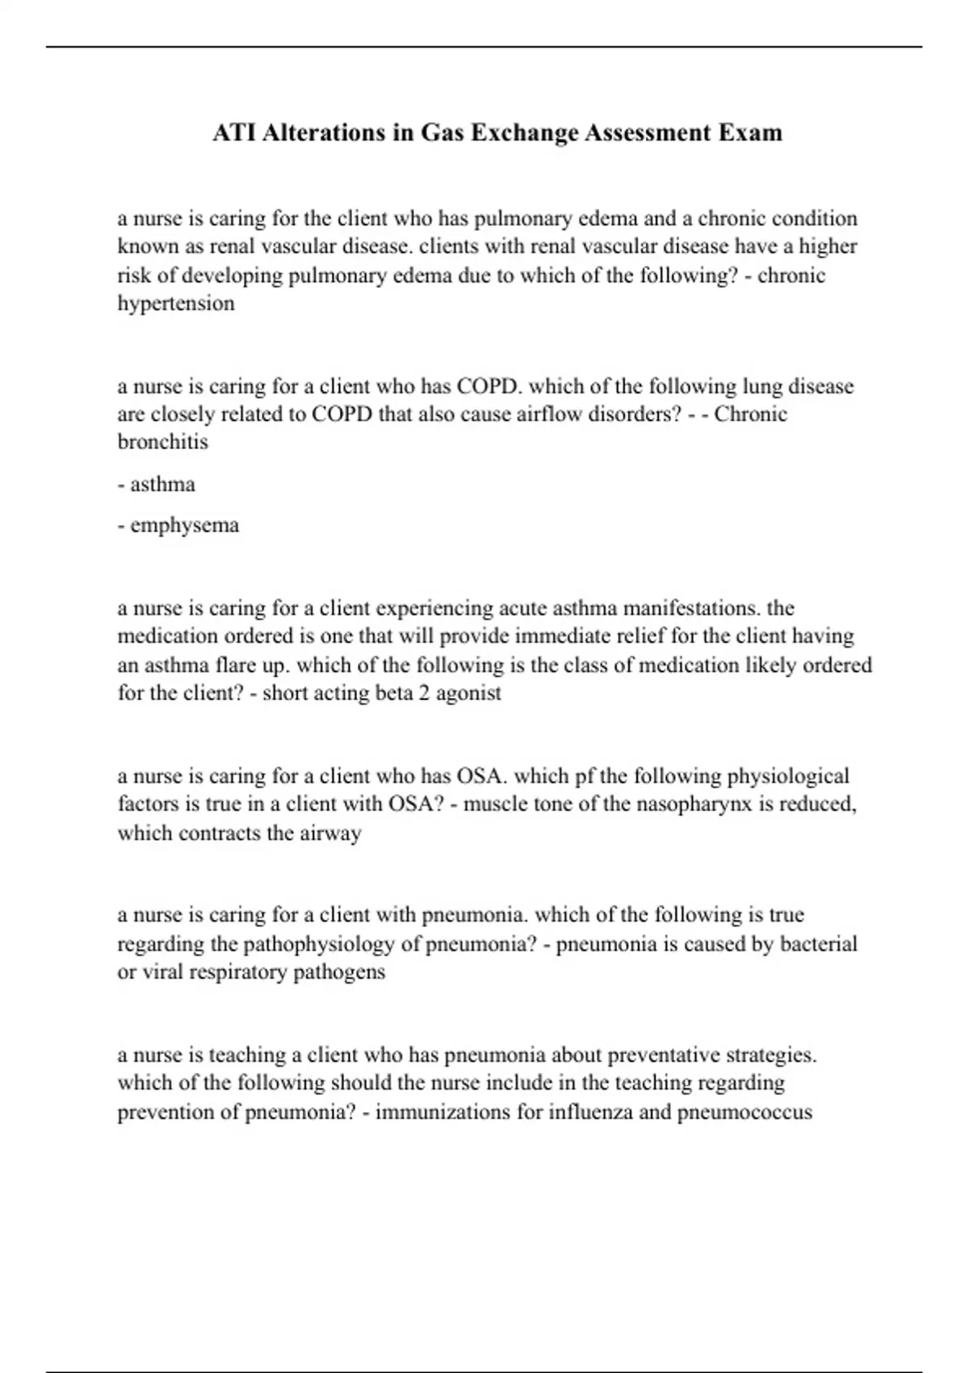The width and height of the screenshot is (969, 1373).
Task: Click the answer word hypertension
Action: [x=176, y=304]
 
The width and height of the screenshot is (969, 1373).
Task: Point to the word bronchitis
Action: [x=162, y=442]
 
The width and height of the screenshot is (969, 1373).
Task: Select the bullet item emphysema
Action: [x=184, y=525]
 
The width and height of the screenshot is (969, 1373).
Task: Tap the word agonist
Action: [x=468, y=693]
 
